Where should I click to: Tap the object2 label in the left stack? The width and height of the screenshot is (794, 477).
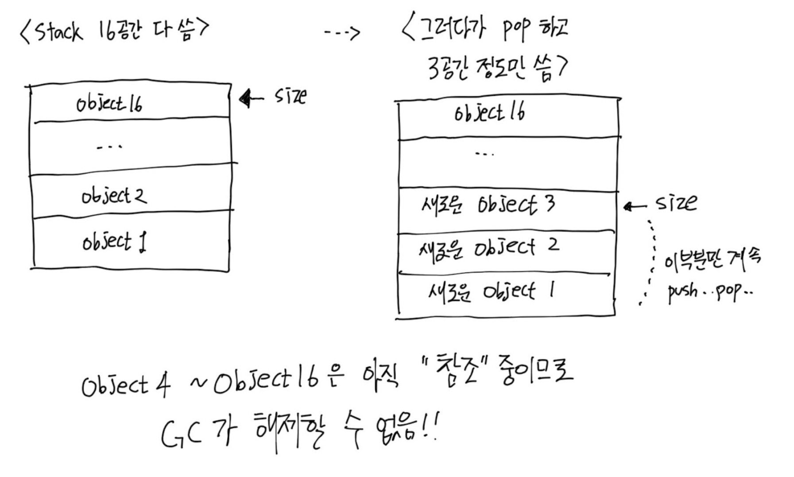coord(114,196)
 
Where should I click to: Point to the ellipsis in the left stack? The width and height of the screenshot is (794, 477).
coord(109,146)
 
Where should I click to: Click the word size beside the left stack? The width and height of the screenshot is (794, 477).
coord(290,96)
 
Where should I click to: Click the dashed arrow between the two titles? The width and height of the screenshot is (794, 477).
coord(341,32)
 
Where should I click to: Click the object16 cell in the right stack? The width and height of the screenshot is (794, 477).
coord(489,113)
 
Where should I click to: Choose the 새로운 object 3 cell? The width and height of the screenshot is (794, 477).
coord(488,205)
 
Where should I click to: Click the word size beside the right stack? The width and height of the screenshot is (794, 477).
coord(676,203)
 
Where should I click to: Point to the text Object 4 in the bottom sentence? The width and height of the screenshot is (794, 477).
coord(126,385)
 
